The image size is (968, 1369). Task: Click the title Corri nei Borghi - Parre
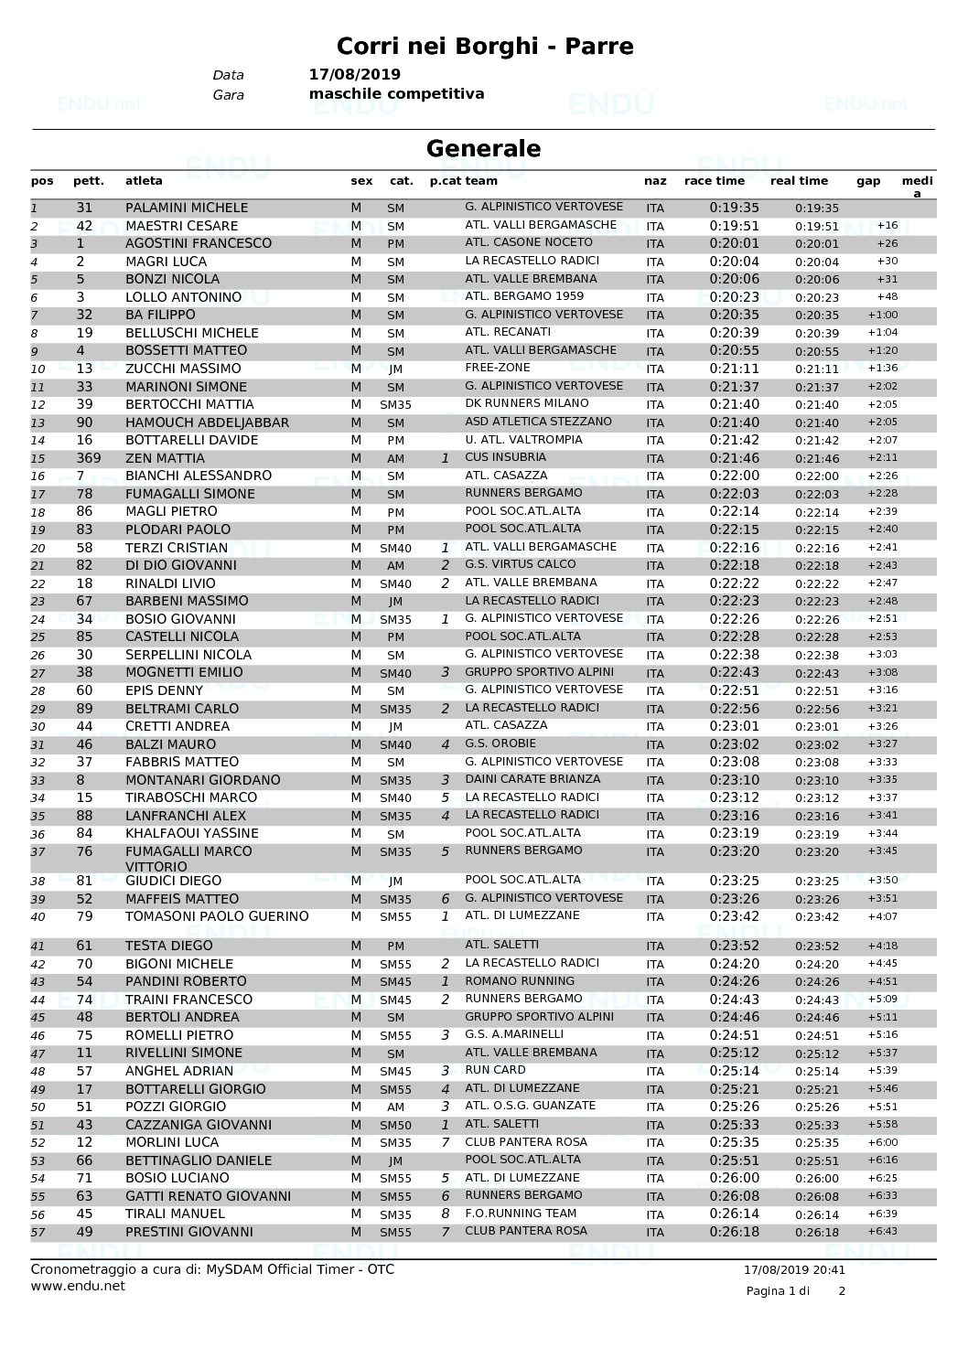(x=484, y=46)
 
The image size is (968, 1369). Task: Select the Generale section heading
(x=483, y=148)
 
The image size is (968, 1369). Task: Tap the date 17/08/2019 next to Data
(x=355, y=75)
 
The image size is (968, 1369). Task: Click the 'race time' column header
(x=714, y=181)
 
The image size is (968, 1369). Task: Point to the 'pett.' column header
(x=89, y=181)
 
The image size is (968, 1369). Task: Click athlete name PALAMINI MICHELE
(x=187, y=208)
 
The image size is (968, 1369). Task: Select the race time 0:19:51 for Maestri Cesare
(x=734, y=226)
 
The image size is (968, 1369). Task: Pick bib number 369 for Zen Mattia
(x=89, y=458)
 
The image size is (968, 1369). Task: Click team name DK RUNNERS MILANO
(x=527, y=403)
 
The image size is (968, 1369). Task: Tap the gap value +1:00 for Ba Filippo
(x=883, y=316)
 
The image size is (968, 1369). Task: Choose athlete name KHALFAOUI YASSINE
(x=192, y=833)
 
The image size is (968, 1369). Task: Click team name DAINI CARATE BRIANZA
(x=532, y=779)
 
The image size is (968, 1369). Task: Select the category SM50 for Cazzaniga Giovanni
(x=395, y=1126)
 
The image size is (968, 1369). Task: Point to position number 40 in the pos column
(x=38, y=917)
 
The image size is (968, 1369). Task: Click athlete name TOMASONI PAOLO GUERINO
(x=217, y=916)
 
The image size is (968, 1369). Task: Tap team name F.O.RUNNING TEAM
(x=520, y=1214)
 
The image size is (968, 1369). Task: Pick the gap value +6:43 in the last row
(x=883, y=1232)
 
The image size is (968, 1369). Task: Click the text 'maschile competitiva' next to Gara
(x=397, y=94)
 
